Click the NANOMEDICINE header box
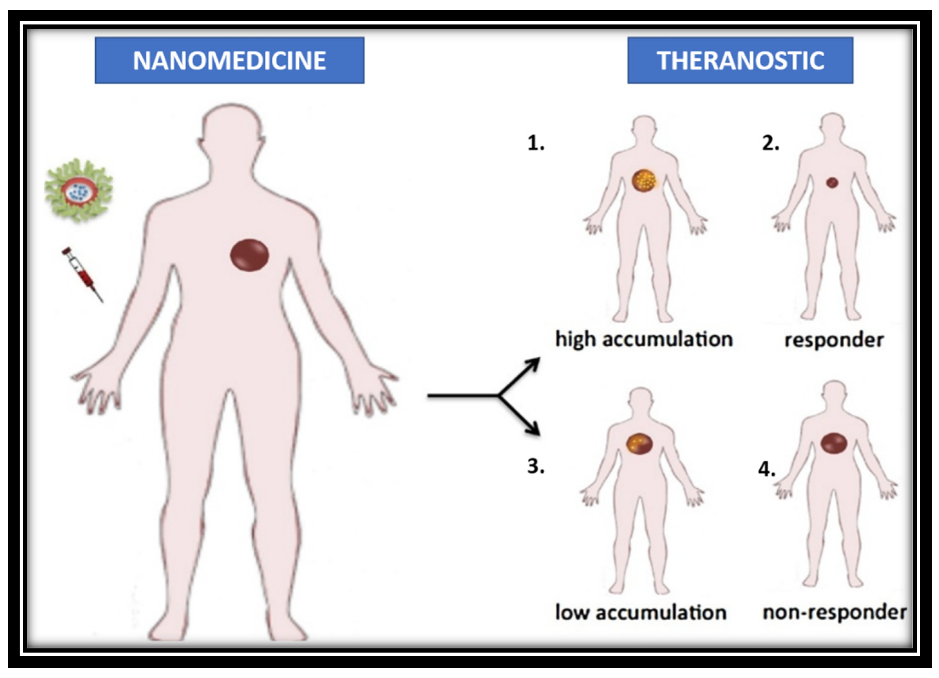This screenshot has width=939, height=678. point(230,61)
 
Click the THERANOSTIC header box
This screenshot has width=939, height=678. point(740,61)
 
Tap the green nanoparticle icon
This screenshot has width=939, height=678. point(79,191)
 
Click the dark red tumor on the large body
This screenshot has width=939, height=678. point(249,255)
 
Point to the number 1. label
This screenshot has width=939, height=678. point(536,143)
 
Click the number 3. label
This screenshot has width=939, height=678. point(536,466)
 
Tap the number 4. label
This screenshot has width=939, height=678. point(766,469)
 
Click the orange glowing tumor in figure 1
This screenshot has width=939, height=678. point(644,181)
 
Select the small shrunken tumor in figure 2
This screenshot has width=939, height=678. point(832,182)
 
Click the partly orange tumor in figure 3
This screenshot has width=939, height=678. point(639,444)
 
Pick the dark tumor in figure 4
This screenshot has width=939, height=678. point(834,443)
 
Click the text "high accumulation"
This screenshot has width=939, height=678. point(644,340)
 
